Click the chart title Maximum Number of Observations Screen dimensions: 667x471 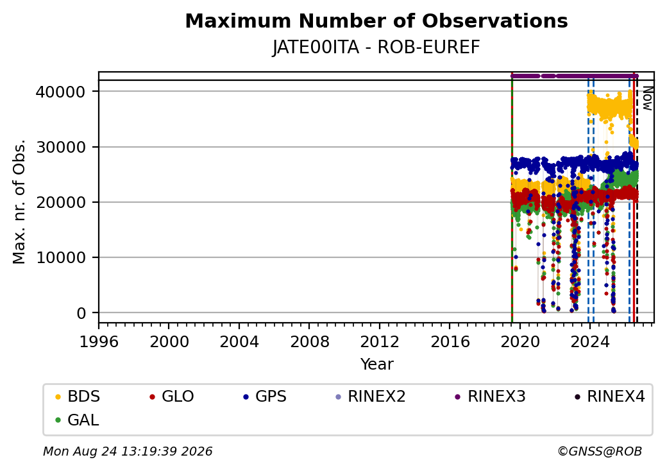[x=376, y=21]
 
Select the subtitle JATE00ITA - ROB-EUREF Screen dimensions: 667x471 [x=376, y=47]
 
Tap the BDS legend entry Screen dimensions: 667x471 [x=78, y=397]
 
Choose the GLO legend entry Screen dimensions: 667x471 [x=171, y=397]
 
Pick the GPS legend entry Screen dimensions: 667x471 [x=265, y=397]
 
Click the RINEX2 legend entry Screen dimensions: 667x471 [x=371, y=397]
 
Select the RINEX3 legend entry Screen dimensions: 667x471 [x=490, y=397]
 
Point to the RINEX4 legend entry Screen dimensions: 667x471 [x=609, y=397]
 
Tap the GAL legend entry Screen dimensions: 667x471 [x=77, y=420]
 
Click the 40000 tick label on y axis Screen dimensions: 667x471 [x=61, y=92]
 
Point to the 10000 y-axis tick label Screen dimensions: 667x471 [x=61, y=258]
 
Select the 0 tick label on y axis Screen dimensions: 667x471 [x=81, y=314]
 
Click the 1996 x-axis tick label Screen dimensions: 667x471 [x=99, y=341]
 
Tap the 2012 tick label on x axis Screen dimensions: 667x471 [x=380, y=341]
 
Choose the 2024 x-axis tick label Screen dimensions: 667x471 [x=590, y=341]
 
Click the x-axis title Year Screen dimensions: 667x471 [x=377, y=364]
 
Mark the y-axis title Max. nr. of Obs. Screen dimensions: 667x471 [x=19, y=201]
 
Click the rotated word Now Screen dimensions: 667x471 [x=647, y=98]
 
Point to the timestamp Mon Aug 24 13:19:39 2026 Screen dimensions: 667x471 [x=128, y=451]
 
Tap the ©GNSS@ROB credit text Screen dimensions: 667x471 [x=600, y=451]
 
